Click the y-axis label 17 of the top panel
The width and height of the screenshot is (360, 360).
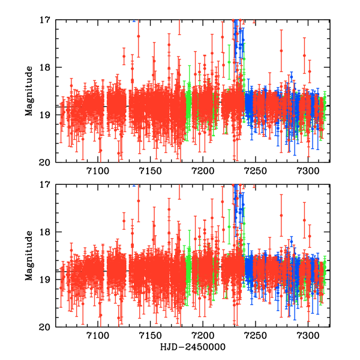[x=44, y=20]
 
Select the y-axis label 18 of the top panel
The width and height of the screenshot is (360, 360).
[x=44, y=67]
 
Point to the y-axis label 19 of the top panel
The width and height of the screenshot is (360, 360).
[x=44, y=115]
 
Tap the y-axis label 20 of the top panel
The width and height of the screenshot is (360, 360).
[x=44, y=162]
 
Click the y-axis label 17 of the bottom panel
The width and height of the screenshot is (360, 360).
[x=44, y=185]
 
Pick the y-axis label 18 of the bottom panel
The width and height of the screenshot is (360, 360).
[x=44, y=232]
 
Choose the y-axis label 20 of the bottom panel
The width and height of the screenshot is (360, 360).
[x=44, y=327]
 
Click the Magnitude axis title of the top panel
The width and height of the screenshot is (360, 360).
[x=28, y=91]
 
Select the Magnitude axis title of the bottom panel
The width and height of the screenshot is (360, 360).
[x=28, y=256]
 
